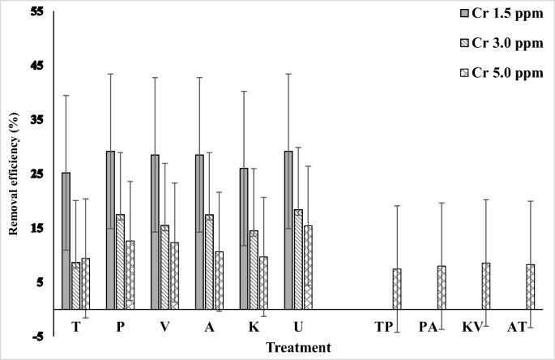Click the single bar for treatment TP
pos(397,289)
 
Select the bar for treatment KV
pos(486,286)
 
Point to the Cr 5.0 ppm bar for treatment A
pos(219,281)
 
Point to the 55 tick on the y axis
pos(36,11)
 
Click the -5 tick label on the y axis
pos(36,336)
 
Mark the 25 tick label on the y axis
pos(36,174)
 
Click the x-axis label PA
pos(429,327)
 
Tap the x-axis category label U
pos(298,327)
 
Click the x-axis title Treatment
pos(298,348)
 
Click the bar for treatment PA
pos(442,288)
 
